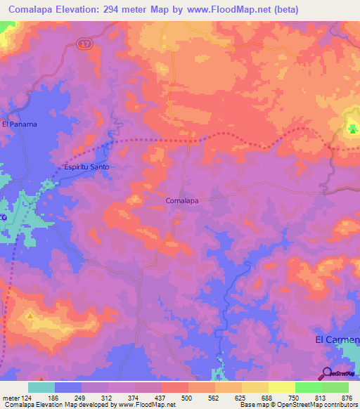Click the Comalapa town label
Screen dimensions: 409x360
181,200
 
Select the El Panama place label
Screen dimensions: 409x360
19,124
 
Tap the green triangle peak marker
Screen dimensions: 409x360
352,128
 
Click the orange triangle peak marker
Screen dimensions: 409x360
30,317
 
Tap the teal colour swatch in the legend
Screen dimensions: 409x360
41,387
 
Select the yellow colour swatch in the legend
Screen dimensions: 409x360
281,387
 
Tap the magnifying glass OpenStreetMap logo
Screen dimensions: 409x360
328,373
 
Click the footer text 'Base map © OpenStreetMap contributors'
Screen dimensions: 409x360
296,405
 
